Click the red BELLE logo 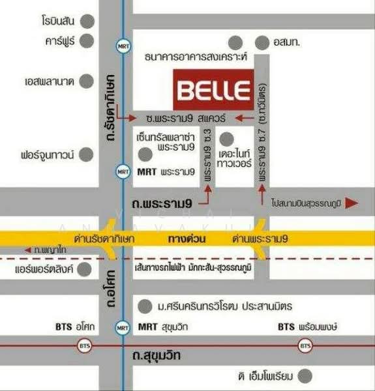pyautogui.click(x=213, y=91)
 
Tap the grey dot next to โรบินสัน pyautogui.click(x=87, y=20)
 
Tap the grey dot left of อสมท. pyautogui.click(x=262, y=43)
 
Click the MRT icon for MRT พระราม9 pyautogui.click(x=123, y=172)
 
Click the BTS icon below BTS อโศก pyautogui.click(x=83, y=345)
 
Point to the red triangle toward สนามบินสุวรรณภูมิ pyautogui.click(x=352, y=203)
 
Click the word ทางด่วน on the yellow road pyautogui.click(x=189, y=239)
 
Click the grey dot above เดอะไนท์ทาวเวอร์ pyautogui.click(x=226, y=139)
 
